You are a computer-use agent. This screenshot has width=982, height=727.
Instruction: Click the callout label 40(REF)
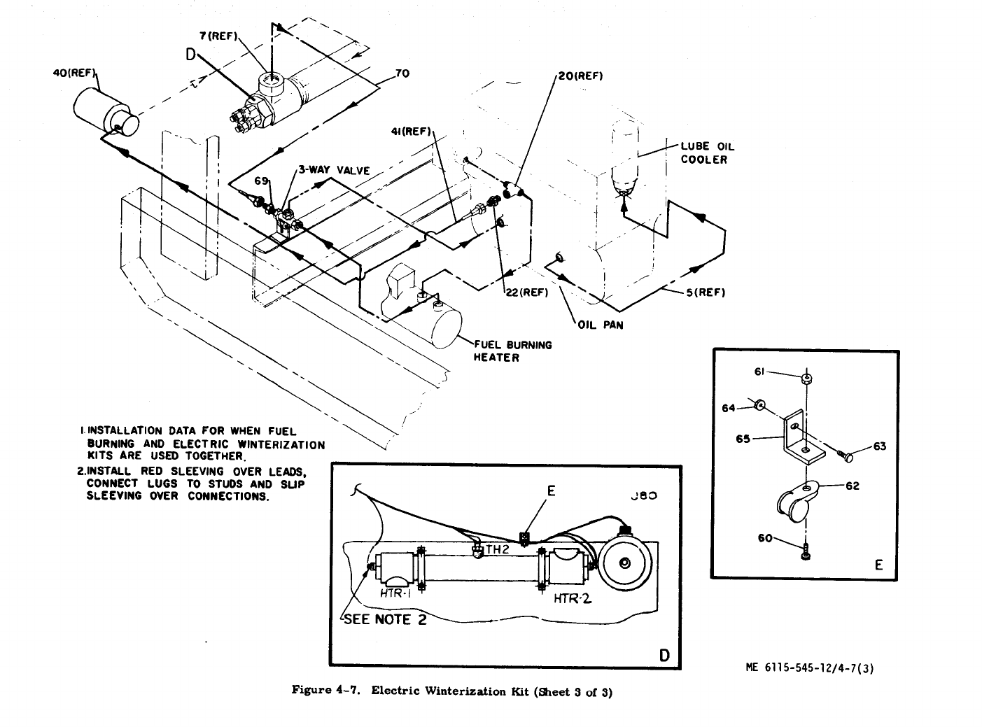click(x=74, y=73)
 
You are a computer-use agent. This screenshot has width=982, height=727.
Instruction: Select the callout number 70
click(x=402, y=73)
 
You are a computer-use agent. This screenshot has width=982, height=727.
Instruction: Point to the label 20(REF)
click(x=579, y=76)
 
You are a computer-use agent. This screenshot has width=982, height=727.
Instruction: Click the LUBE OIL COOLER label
click(x=707, y=153)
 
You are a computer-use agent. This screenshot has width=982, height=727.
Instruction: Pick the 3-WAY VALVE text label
click(x=334, y=169)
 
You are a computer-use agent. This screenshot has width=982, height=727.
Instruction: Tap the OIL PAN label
click(x=600, y=325)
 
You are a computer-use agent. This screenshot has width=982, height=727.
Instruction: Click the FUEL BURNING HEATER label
click(x=513, y=351)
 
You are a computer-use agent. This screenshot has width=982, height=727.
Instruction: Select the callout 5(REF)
click(x=705, y=292)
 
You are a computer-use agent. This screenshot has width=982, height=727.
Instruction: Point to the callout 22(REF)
click(x=526, y=292)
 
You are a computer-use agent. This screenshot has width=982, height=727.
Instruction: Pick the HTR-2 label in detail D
click(x=573, y=598)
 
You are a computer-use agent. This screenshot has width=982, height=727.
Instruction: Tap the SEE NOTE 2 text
click(x=384, y=619)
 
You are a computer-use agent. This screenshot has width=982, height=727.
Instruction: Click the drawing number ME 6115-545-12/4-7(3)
click(x=810, y=668)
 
